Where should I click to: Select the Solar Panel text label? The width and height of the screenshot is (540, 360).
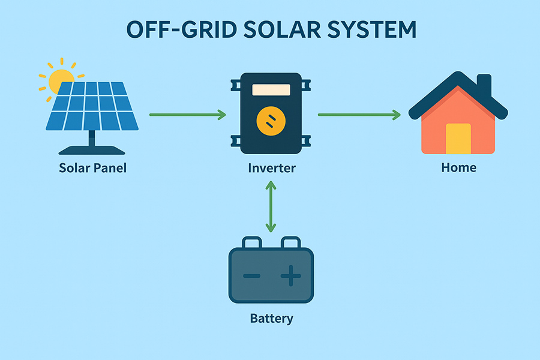point(93,167)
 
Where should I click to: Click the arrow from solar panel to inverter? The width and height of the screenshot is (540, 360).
point(187,114)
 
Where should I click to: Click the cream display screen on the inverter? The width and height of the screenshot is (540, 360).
point(271,90)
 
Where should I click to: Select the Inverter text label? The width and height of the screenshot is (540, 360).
point(272,167)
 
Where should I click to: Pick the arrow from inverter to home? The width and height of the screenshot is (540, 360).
point(359,114)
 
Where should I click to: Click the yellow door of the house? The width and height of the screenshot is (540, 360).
point(458,139)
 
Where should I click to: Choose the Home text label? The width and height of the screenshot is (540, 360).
point(458,167)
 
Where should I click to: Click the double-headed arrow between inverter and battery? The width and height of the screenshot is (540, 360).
point(271,207)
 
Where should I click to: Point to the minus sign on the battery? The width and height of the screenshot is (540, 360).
point(251,277)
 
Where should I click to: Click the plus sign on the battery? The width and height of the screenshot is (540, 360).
point(291,277)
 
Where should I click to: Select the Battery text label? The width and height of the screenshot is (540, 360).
point(271,317)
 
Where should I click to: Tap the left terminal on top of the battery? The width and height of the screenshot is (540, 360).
point(252,242)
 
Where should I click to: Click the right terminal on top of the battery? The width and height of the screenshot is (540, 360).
point(291,242)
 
